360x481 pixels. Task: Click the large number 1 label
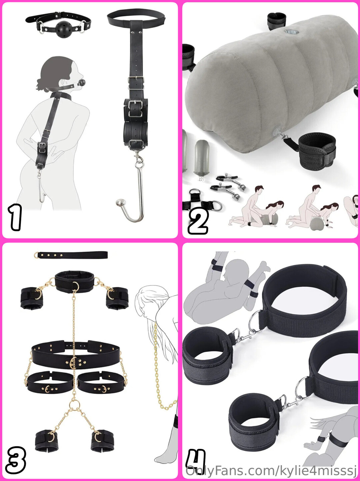pos(15,217)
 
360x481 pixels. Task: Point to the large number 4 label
pos(196,458)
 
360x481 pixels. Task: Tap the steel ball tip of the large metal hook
pos(120,202)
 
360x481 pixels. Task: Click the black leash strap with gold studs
pos(71,255)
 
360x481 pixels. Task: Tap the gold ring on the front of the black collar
pos(76,287)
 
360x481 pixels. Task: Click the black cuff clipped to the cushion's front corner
pos(317,151)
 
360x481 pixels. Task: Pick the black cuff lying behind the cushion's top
pos(277,21)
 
